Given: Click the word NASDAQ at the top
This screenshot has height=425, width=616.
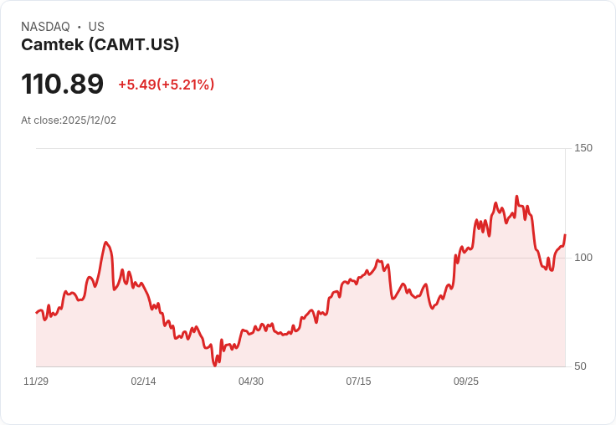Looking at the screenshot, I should [x=45, y=27].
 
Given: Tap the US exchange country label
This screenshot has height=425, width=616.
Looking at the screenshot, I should [x=96, y=27].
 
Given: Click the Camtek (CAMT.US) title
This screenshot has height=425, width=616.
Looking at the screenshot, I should [x=100, y=45].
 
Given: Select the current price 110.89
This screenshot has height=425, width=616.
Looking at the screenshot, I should [x=62, y=84].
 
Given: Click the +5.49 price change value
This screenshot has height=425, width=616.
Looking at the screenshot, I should [x=137, y=84].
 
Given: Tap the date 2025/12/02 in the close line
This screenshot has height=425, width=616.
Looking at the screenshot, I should [x=89, y=120].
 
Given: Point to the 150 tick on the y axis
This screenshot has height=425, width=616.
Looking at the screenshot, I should [x=583, y=148].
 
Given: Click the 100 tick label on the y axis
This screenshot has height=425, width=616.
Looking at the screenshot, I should [x=583, y=257].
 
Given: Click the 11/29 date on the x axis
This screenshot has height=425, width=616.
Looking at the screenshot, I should [x=36, y=381].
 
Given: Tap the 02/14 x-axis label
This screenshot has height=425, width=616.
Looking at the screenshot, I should [x=143, y=381].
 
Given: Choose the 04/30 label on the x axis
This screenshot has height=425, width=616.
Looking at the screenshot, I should [x=251, y=381].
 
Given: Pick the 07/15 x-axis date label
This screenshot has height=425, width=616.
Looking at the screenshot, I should [x=358, y=381].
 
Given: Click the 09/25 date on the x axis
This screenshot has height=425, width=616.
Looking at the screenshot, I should [x=466, y=381].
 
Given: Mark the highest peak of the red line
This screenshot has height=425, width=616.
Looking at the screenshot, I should [x=516, y=197].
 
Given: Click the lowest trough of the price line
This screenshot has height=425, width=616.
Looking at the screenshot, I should [x=215, y=365].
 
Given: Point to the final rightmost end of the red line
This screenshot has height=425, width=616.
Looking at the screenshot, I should [x=565, y=235].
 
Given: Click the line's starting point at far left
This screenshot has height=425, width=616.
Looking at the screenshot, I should [x=37, y=313].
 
